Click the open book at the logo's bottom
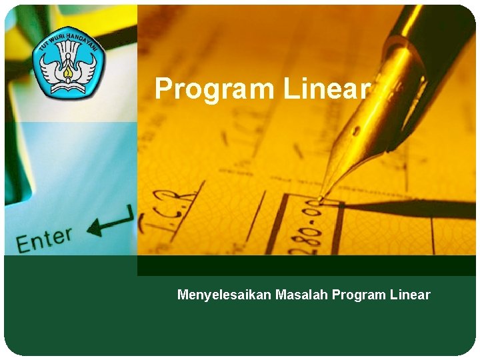tap(67, 85)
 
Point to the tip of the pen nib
tap(321, 199)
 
